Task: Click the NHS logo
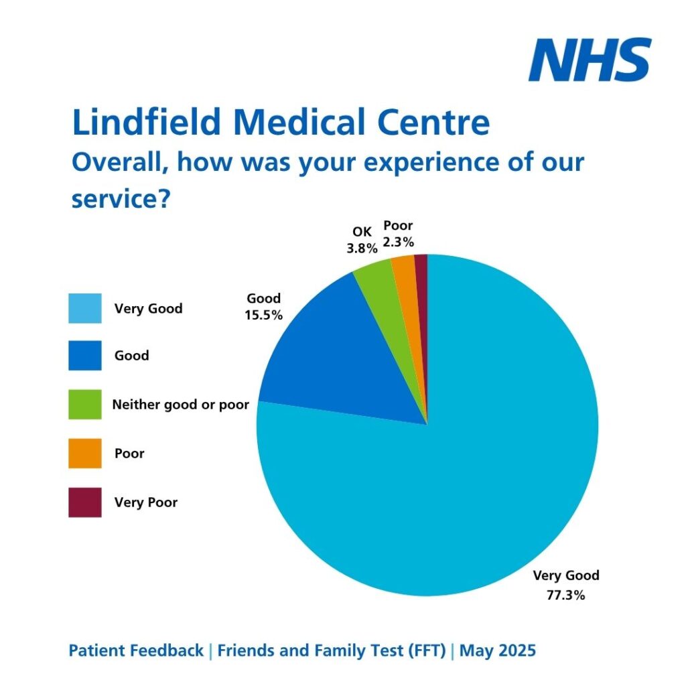click(590, 60)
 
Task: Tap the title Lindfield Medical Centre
click(280, 123)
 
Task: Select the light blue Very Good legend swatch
click(85, 308)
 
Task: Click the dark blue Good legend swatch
click(85, 355)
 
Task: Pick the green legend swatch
click(85, 404)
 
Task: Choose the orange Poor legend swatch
click(85, 453)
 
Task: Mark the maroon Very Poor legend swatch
click(85, 502)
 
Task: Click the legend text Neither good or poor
click(180, 405)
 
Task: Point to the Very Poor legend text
click(145, 502)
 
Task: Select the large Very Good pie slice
click(456, 482)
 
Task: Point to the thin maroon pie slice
click(421, 281)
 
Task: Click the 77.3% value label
click(566, 594)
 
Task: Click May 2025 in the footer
click(498, 650)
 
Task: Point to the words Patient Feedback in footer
click(136, 650)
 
